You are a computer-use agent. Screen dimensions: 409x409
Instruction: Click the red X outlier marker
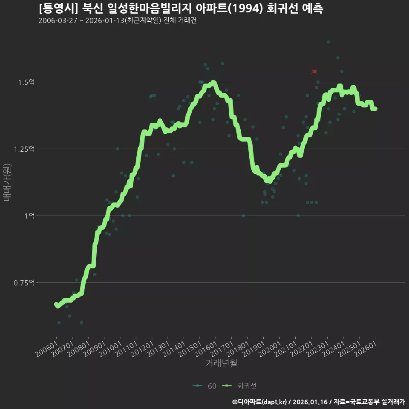pyautogui.click(x=314, y=71)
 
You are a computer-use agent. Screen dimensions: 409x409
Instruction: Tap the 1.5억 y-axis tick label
pyautogui.click(x=26, y=82)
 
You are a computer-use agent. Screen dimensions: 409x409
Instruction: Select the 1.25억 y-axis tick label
pyautogui.click(x=24, y=149)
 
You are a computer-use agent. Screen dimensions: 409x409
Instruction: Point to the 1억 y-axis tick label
pyautogui.click(x=29, y=216)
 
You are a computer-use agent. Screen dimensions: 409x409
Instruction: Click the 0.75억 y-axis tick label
pyautogui.click(x=24, y=283)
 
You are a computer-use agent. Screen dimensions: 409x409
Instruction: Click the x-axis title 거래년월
pyautogui.click(x=221, y=363)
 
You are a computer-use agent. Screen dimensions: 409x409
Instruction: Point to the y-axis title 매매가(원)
pyautogui.click(x=7, y=182)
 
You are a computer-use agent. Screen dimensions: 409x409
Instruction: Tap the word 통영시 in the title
pyautogui.click(x=58, y=9)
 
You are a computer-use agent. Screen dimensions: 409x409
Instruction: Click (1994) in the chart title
pyautogui.click(x=247, y=9)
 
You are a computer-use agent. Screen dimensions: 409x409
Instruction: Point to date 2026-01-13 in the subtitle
pyautogui.click(x=105, y=20)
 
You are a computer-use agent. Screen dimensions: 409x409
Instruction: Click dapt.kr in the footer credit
pyautogui.click(x=274, y=402)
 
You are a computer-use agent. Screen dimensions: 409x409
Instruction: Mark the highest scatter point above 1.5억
pyautogui.click(x=328, y=42)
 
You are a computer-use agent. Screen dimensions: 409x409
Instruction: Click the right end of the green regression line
pyautogui.click(x=375, y=109)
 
